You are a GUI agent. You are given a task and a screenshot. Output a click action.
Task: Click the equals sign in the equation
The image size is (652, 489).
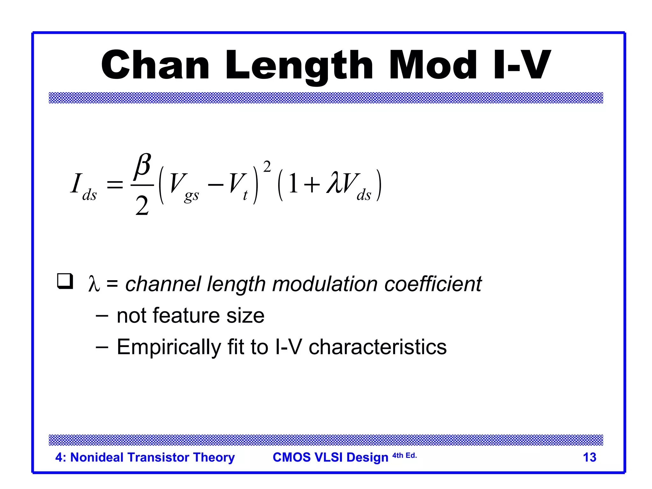[115, 185]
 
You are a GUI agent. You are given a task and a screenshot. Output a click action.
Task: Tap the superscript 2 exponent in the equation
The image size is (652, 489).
[267, 167]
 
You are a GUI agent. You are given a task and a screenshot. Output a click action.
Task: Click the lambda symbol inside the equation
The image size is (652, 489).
[334, 183]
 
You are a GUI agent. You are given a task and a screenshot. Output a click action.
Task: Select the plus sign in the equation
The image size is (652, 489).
[312, 185]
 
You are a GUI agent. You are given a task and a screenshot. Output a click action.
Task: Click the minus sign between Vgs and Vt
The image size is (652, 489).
[216, 185]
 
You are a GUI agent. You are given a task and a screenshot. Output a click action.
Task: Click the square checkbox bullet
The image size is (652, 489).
[65, 281]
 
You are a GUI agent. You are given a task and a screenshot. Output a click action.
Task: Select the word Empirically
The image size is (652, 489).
[169, 347]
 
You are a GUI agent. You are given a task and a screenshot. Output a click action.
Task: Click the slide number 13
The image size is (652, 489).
[589, 457]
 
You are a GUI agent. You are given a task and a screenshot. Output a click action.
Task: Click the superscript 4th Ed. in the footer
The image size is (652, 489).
[404, 455]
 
